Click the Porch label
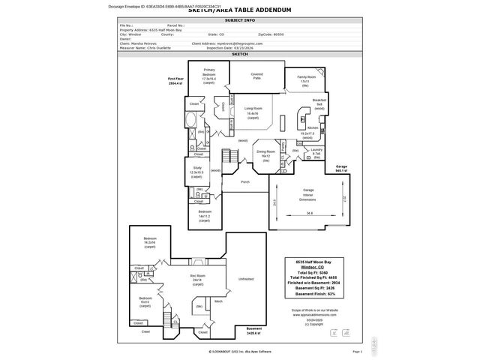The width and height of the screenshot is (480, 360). tap(244, 182)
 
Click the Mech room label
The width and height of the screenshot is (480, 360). tap(218, 301)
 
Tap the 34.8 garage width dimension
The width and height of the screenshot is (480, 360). tap(309, 214)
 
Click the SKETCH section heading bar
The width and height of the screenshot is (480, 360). tap(239, 55)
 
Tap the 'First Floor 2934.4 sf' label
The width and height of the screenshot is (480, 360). tap(176, 81)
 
